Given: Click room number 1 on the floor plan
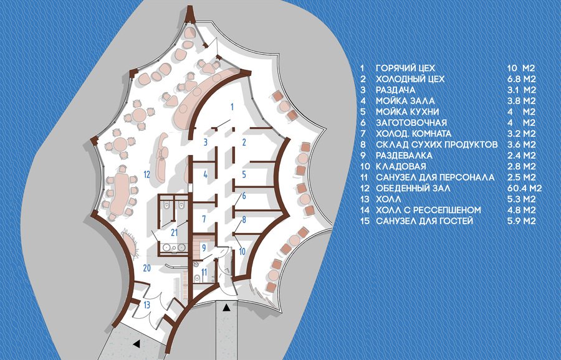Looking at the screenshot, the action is [233, 107].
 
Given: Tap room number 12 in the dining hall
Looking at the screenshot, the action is [146, 174].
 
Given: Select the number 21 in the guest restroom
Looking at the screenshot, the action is [175, 233].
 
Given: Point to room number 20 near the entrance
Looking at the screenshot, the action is [146, 268].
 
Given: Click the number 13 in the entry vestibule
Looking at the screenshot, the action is [146, 305].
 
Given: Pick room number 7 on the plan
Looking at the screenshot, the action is [204, 219].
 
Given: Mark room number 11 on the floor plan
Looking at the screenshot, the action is [204, 272].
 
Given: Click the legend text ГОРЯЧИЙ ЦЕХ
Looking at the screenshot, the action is [405, 68].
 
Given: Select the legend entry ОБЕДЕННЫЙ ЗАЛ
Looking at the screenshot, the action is [413, 188].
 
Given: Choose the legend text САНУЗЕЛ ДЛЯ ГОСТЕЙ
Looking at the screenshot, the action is [424, 220].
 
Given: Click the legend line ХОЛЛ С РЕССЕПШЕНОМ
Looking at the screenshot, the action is [428, 210].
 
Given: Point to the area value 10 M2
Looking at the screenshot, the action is [521, 68].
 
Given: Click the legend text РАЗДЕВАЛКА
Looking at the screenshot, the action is [404, 156].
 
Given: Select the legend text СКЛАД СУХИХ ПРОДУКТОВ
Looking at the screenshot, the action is [436, 144].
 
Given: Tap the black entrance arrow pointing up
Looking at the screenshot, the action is [226, 307].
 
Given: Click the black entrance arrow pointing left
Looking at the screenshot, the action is [136, 344].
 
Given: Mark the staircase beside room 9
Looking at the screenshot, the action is [199, 245].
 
